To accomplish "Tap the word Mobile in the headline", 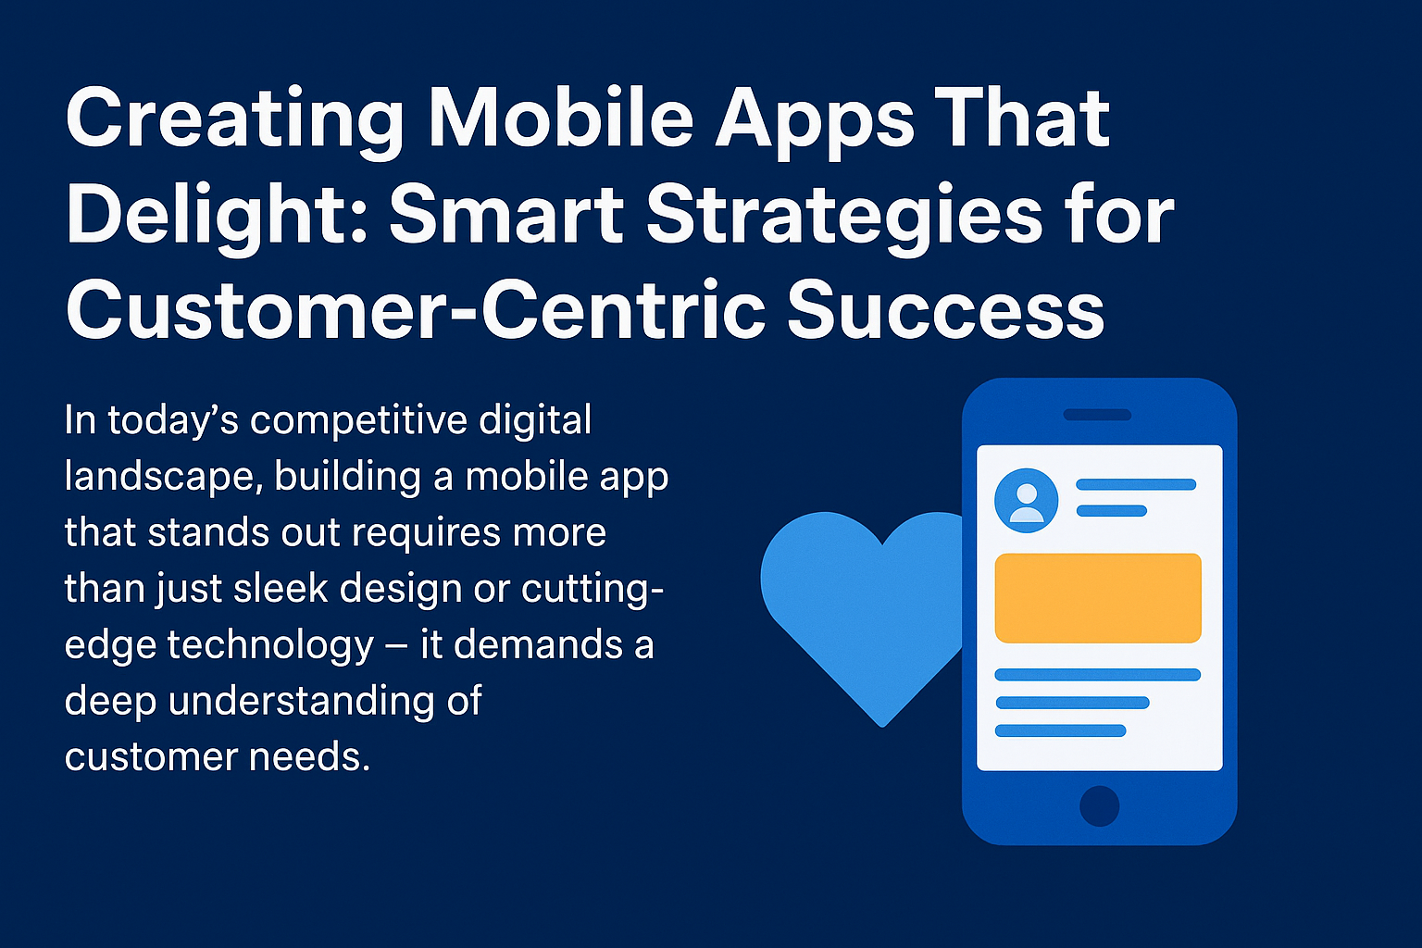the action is tap(561, 118).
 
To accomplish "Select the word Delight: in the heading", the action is tap(218, 216).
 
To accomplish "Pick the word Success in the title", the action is tap(946, 310).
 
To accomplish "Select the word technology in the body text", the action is tap(270, 646).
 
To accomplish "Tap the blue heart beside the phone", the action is tap(864, 609).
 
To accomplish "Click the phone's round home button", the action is tap(1100, 805).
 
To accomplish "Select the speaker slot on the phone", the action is tap(1098, 415).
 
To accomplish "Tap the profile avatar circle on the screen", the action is tap(1026, 500).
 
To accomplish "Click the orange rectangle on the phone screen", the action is tap(1098, 598).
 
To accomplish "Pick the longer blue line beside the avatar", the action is tap(1136, 484).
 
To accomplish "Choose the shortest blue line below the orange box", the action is tap(1060, 730).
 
